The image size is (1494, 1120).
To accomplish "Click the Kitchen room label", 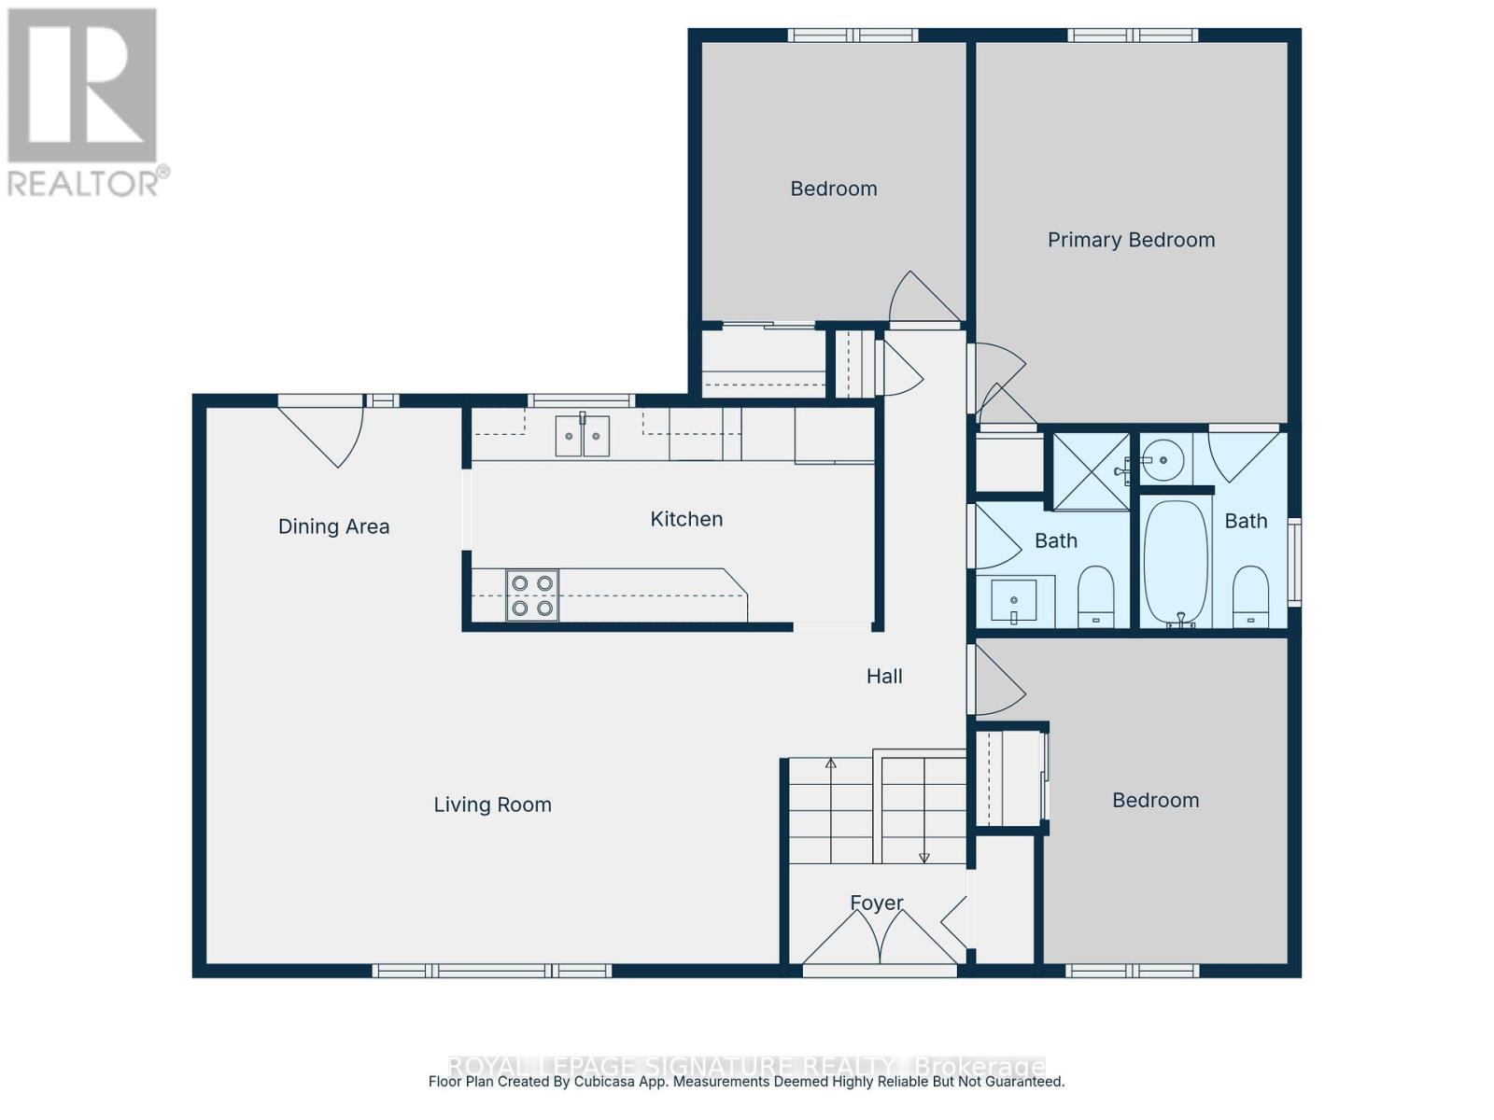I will pos(686,519).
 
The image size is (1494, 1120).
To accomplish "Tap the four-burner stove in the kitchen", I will pos(532,595).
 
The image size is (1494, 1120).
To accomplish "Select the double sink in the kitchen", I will pos(582,437).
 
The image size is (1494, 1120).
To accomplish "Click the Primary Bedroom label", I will pos(1131,240).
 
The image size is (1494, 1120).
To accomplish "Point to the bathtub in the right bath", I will pos(1176,563).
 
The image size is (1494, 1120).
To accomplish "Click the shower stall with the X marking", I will pos(1091,471).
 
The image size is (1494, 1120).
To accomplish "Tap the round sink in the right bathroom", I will pos(1163,459).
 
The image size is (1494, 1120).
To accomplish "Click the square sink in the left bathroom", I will pos(1013,600).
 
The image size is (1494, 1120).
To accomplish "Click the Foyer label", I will pos(876,903).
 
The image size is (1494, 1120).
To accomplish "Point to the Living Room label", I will pos(492,805).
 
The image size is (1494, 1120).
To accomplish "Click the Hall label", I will pos(883,676).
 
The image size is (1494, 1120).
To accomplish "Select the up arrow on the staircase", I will pos(830,765).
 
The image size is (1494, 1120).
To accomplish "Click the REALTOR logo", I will pos(84,103).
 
